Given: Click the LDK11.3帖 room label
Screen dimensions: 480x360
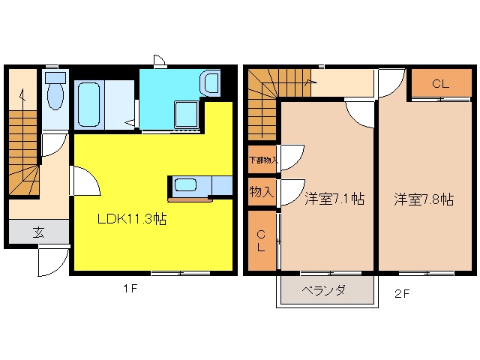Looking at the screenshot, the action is click(x=132, y=219).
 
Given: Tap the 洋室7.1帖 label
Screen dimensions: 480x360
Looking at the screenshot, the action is click(x=334, y=199).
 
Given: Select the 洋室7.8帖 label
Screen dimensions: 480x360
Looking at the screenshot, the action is click(x=424, y=199).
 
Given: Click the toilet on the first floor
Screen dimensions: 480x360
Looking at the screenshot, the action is click(x=55, y=91).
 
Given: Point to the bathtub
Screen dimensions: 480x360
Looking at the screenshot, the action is click(x=88, y=105).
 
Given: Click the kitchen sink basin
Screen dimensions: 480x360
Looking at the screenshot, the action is click(x=185, y=185).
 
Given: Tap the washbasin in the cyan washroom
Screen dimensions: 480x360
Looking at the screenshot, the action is click(x=210, y=82).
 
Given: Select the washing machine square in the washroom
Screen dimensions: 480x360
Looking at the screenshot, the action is click(x=186, y=114).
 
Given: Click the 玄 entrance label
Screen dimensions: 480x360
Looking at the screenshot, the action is click(x=38, y=232).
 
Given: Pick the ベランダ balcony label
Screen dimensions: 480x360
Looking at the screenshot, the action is click(x=324, y=289).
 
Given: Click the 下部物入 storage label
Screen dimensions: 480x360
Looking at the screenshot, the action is click(x=263, y=160).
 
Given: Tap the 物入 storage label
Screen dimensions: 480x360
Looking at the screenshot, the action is click(x=261, y=192).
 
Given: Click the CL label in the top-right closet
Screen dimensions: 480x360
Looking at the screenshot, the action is click(x=440, y=83).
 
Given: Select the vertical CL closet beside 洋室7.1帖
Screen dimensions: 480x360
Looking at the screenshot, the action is click(x=262, y=241).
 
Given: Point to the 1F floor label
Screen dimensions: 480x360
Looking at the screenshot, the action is click(x=130, y=288).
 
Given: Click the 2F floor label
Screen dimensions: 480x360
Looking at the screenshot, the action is click(x=402, y=293).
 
